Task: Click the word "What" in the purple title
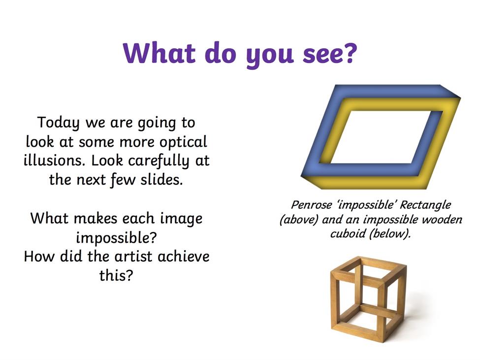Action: [159, 53]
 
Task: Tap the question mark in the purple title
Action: [349, 52]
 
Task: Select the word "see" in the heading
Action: [320, 56]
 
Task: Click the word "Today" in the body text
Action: [59, 123]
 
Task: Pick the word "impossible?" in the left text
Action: [116, 238]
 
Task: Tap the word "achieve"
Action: [183, 256]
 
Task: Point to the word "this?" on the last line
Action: [116, 275]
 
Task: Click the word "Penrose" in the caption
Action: [311, 204]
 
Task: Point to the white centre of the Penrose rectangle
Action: [386, 137]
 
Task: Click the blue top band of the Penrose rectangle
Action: [389, 92]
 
